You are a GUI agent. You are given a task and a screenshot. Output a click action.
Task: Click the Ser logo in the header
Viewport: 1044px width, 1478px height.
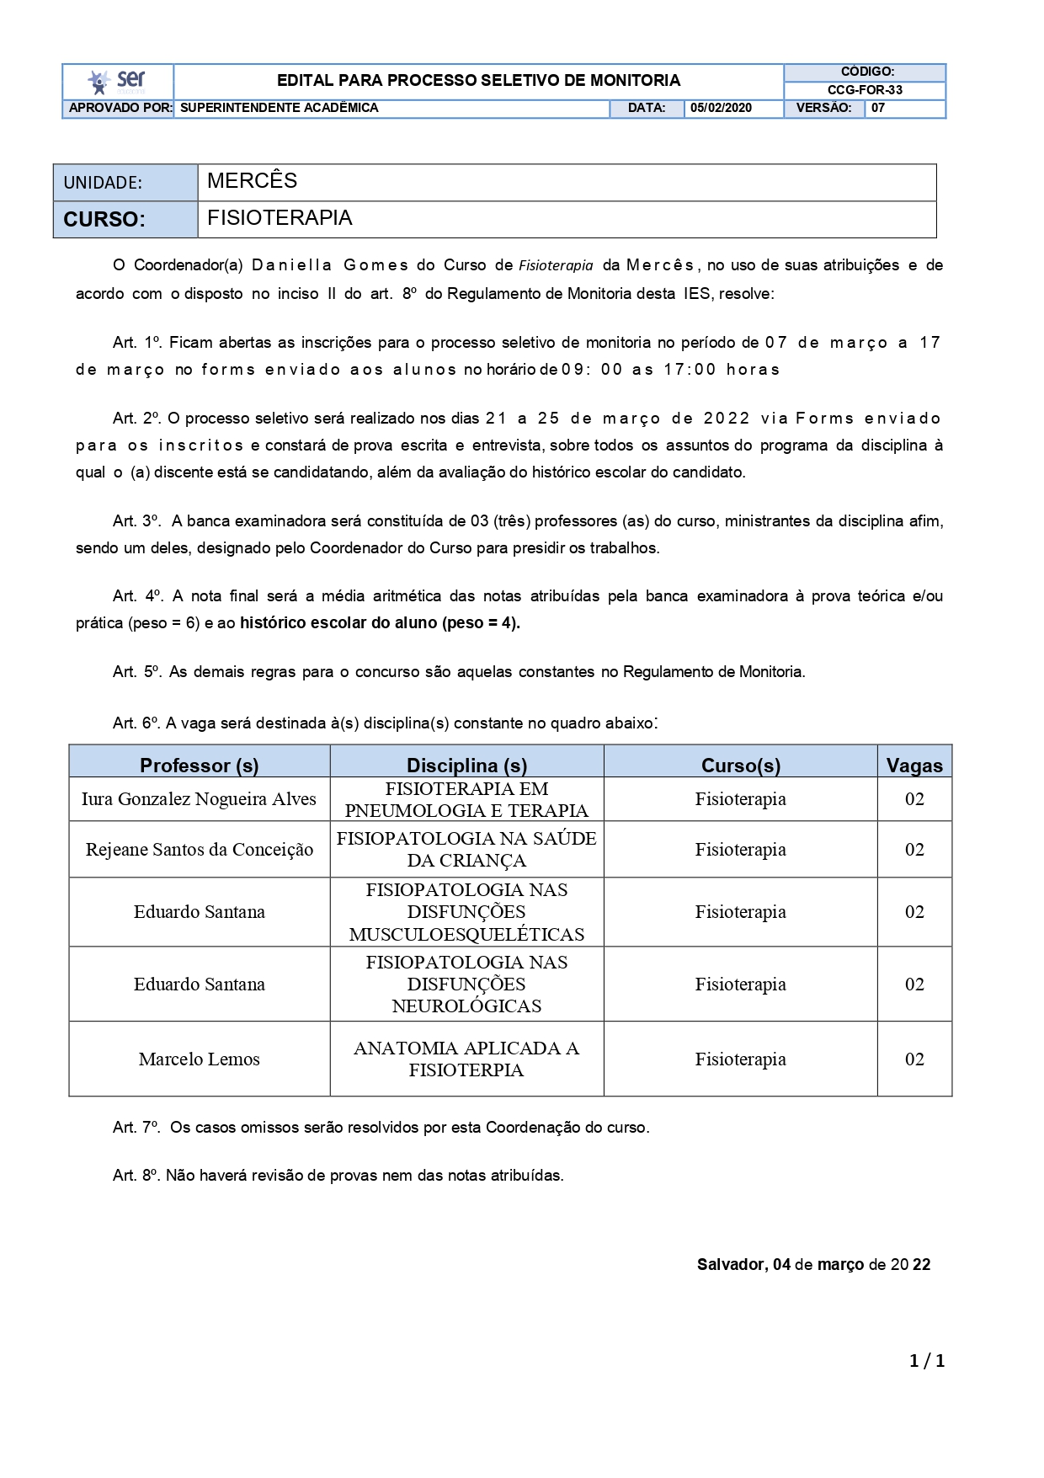point(117,82)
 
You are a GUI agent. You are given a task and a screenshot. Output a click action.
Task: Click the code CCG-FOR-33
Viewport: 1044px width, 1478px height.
point(865,90)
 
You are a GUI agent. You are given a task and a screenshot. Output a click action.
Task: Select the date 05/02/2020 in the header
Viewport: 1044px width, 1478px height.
point(721,108)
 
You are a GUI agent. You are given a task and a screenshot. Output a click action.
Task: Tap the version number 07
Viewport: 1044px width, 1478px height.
point(878,108)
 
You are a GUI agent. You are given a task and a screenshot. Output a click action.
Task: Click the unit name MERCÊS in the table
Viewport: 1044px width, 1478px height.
point(252,181)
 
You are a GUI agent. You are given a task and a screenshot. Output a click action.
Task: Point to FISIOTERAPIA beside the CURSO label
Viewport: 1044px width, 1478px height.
point(280,218)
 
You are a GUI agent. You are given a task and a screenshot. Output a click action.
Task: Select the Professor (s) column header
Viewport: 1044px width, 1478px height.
point(199,765)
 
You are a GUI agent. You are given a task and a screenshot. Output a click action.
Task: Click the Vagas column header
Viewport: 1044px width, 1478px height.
point(914,765)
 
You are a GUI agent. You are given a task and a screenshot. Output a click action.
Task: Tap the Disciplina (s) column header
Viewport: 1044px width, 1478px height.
point(466,765)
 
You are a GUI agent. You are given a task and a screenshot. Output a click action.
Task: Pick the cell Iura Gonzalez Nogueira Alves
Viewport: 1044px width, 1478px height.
point(199,799)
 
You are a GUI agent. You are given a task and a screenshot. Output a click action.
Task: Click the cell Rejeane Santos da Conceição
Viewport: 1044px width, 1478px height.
point(200,850)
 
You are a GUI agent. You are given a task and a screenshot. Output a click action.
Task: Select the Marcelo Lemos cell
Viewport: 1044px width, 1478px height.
point(200,1059)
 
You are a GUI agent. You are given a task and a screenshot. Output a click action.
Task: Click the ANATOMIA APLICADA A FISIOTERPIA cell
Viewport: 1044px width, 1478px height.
point(466,1059)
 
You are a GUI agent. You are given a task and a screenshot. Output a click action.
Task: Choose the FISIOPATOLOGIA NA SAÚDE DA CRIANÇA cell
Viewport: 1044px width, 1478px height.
point(466,850)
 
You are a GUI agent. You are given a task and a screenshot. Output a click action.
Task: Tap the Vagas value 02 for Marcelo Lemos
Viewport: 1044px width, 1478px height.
point(914,1059)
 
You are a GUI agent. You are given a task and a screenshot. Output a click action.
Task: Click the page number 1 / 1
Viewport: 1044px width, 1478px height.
point(927,1361)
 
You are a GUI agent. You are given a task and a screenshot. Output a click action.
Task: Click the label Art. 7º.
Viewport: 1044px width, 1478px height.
point(136,1128)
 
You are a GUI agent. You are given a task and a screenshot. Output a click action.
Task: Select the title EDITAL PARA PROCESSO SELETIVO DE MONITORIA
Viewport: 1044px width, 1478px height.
point(478,81)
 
